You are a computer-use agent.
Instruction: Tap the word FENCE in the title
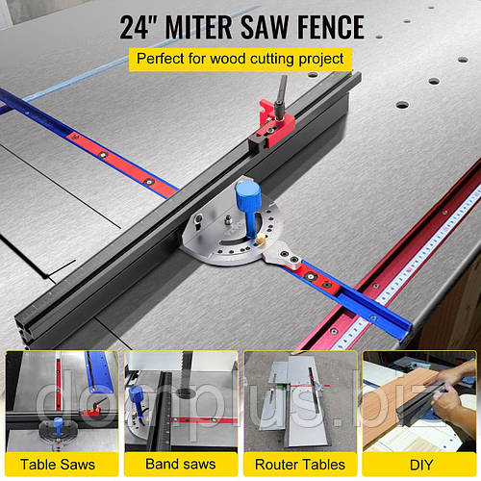tap(323, 26)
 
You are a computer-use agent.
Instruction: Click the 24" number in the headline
tap(139, 26)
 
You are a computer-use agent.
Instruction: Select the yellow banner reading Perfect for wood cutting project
tap(240, 59)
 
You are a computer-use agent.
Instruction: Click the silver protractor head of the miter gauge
tap(216, 236)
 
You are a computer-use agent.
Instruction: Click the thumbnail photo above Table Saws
tap(61, 400)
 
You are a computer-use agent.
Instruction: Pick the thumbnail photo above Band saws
tap(181, 400)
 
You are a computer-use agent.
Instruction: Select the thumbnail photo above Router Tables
tap(300, 400)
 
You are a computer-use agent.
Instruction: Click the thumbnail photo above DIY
tap(419, 400)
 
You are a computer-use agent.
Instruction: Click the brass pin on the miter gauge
tap(259, 234)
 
